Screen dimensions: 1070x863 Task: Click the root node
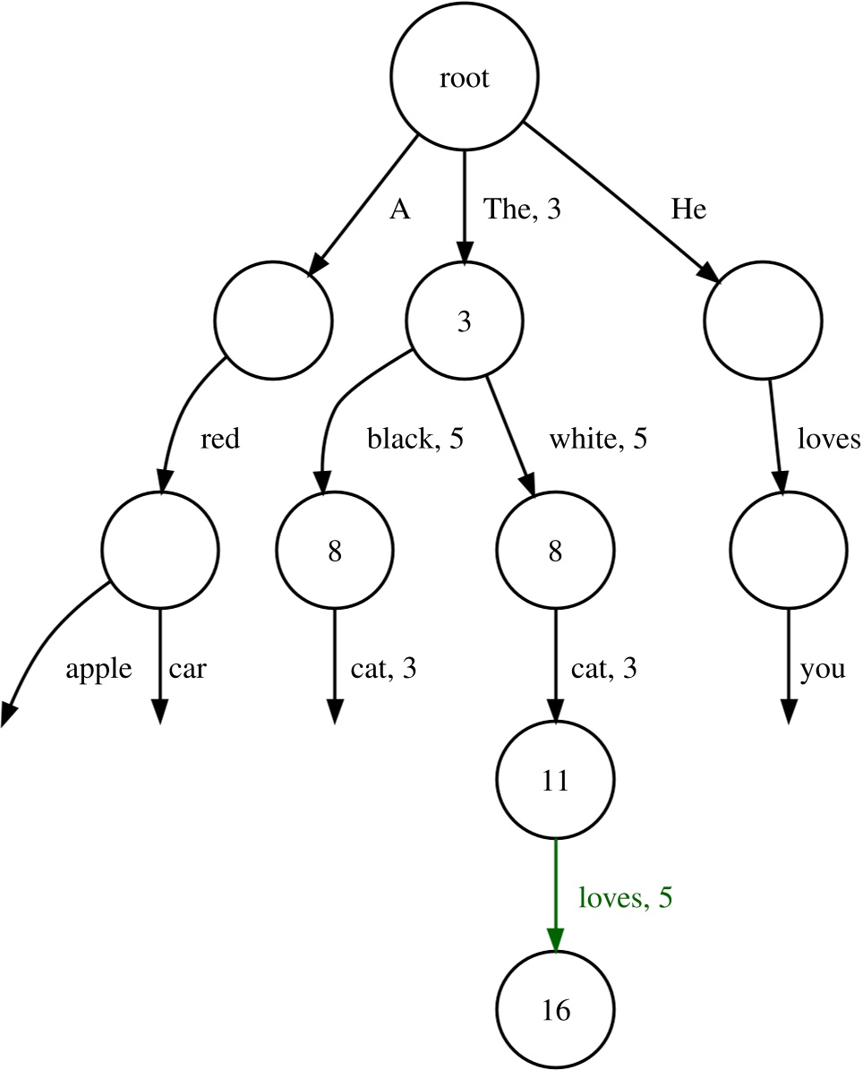coord(465,79)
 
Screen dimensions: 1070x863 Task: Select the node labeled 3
coord(464,321)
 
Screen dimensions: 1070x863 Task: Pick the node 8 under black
coord(334,552)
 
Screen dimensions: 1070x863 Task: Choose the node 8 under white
coord(555,552)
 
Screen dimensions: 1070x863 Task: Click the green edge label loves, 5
coord(625,897)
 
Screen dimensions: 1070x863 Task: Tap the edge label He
coord(689,210)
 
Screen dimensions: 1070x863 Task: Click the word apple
coord(99,669)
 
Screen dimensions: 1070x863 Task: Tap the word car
coord(187,669)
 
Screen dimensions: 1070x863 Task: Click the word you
coord(824,669)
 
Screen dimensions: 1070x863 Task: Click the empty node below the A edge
coord(274,319)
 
